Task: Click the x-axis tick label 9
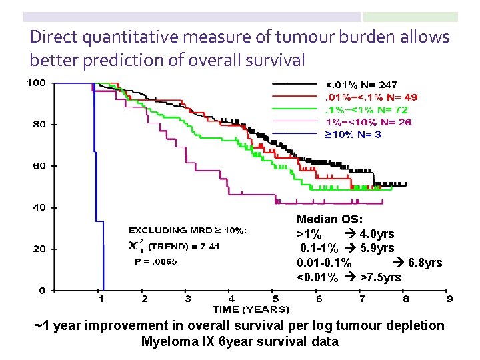pyautogui.click(x=450, y=299)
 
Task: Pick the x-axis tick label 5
pyautogui.click(x=275, y=299)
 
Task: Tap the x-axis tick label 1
pyautogui.click(x=101, y=299)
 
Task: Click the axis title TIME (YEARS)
pyautogui.click(x=251, y=309)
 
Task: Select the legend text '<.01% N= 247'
pyautogui.click(x=361, y=85)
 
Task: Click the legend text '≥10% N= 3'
pyautogui.click(x=353, y=135)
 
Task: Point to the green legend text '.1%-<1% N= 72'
pyautogui.click(x=365, y=109)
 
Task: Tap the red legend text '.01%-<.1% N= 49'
pyautogui.click(x=371, y=97)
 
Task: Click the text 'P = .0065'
pyautogui.click(x=156, y=262)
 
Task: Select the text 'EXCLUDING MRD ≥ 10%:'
pyautogui.click(x=187, y=231)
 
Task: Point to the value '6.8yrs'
pyautogui.click(x=425, y=263)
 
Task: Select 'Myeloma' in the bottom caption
pyautogui.click(x=165, y=341)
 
